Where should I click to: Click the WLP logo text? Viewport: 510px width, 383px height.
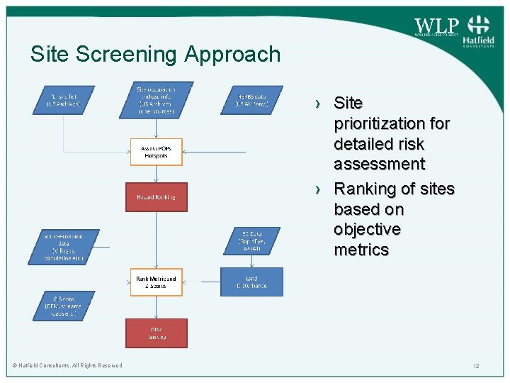436,26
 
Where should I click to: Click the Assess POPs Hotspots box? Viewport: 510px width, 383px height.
156,152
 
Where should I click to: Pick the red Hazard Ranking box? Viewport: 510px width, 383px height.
157,197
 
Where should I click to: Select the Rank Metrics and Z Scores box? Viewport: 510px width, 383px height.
156,282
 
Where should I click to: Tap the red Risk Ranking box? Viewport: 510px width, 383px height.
157,333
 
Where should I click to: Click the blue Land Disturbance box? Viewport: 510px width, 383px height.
251,282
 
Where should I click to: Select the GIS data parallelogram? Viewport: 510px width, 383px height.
64,306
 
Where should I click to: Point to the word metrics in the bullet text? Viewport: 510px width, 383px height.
361,250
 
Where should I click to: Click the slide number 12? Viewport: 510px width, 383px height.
477,366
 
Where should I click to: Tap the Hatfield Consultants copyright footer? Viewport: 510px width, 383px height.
68,366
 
